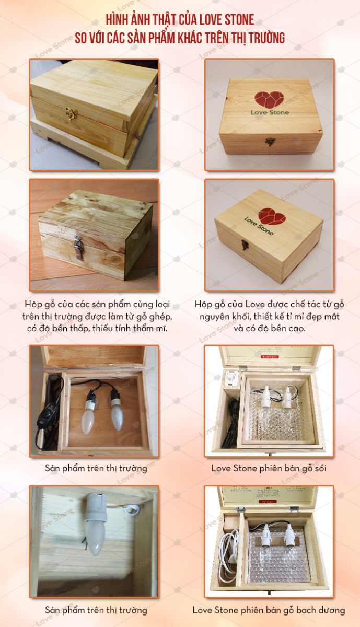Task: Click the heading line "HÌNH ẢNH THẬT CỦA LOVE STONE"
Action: [x=180, y=20]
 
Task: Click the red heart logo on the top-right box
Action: [x=271, y=98]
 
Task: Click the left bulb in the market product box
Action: [x=88, y=415]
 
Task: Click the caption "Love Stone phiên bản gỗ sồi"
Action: [x=269, y=468]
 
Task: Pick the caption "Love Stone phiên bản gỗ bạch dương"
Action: [x=269, y=610]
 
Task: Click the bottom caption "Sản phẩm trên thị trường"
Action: [x=96, y=610]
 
